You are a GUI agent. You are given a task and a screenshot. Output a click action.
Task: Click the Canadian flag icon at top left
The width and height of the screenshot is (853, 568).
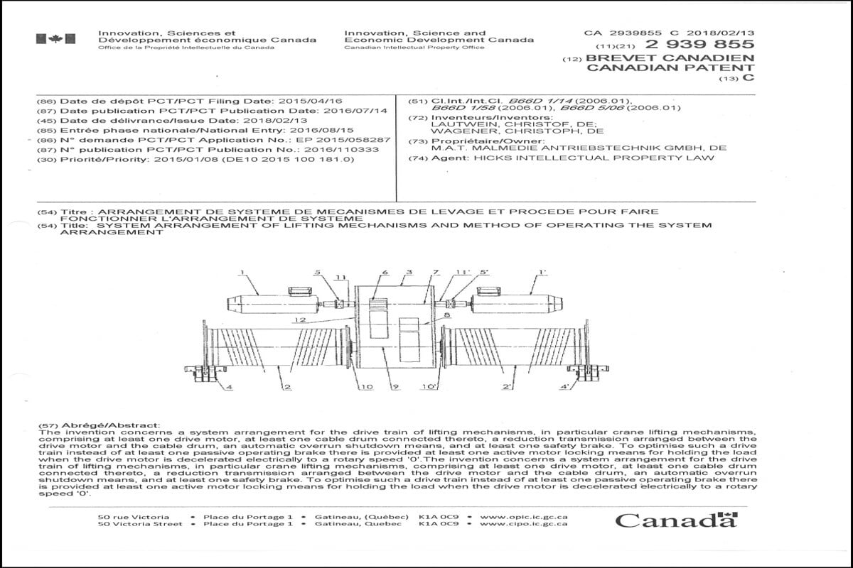click(x=55, y=39)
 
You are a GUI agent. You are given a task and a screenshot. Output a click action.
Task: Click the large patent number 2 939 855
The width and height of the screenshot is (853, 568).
click(x=699, y=45)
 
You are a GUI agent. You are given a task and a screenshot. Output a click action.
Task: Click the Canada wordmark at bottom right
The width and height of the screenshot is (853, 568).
click(x=675, y=520)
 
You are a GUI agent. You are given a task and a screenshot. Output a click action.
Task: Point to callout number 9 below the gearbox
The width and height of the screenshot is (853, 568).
click(x=396, y=387)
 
